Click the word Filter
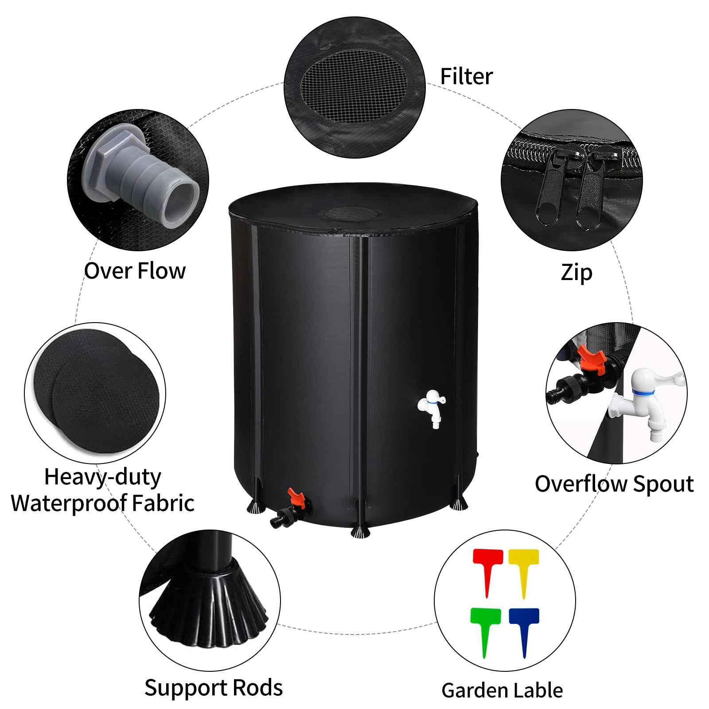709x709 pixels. [466, 76]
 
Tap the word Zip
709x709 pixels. [576, 273]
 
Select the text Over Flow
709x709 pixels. [135, 271]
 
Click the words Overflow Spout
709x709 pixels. [614, 484]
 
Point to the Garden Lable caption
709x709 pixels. [502, 678]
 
